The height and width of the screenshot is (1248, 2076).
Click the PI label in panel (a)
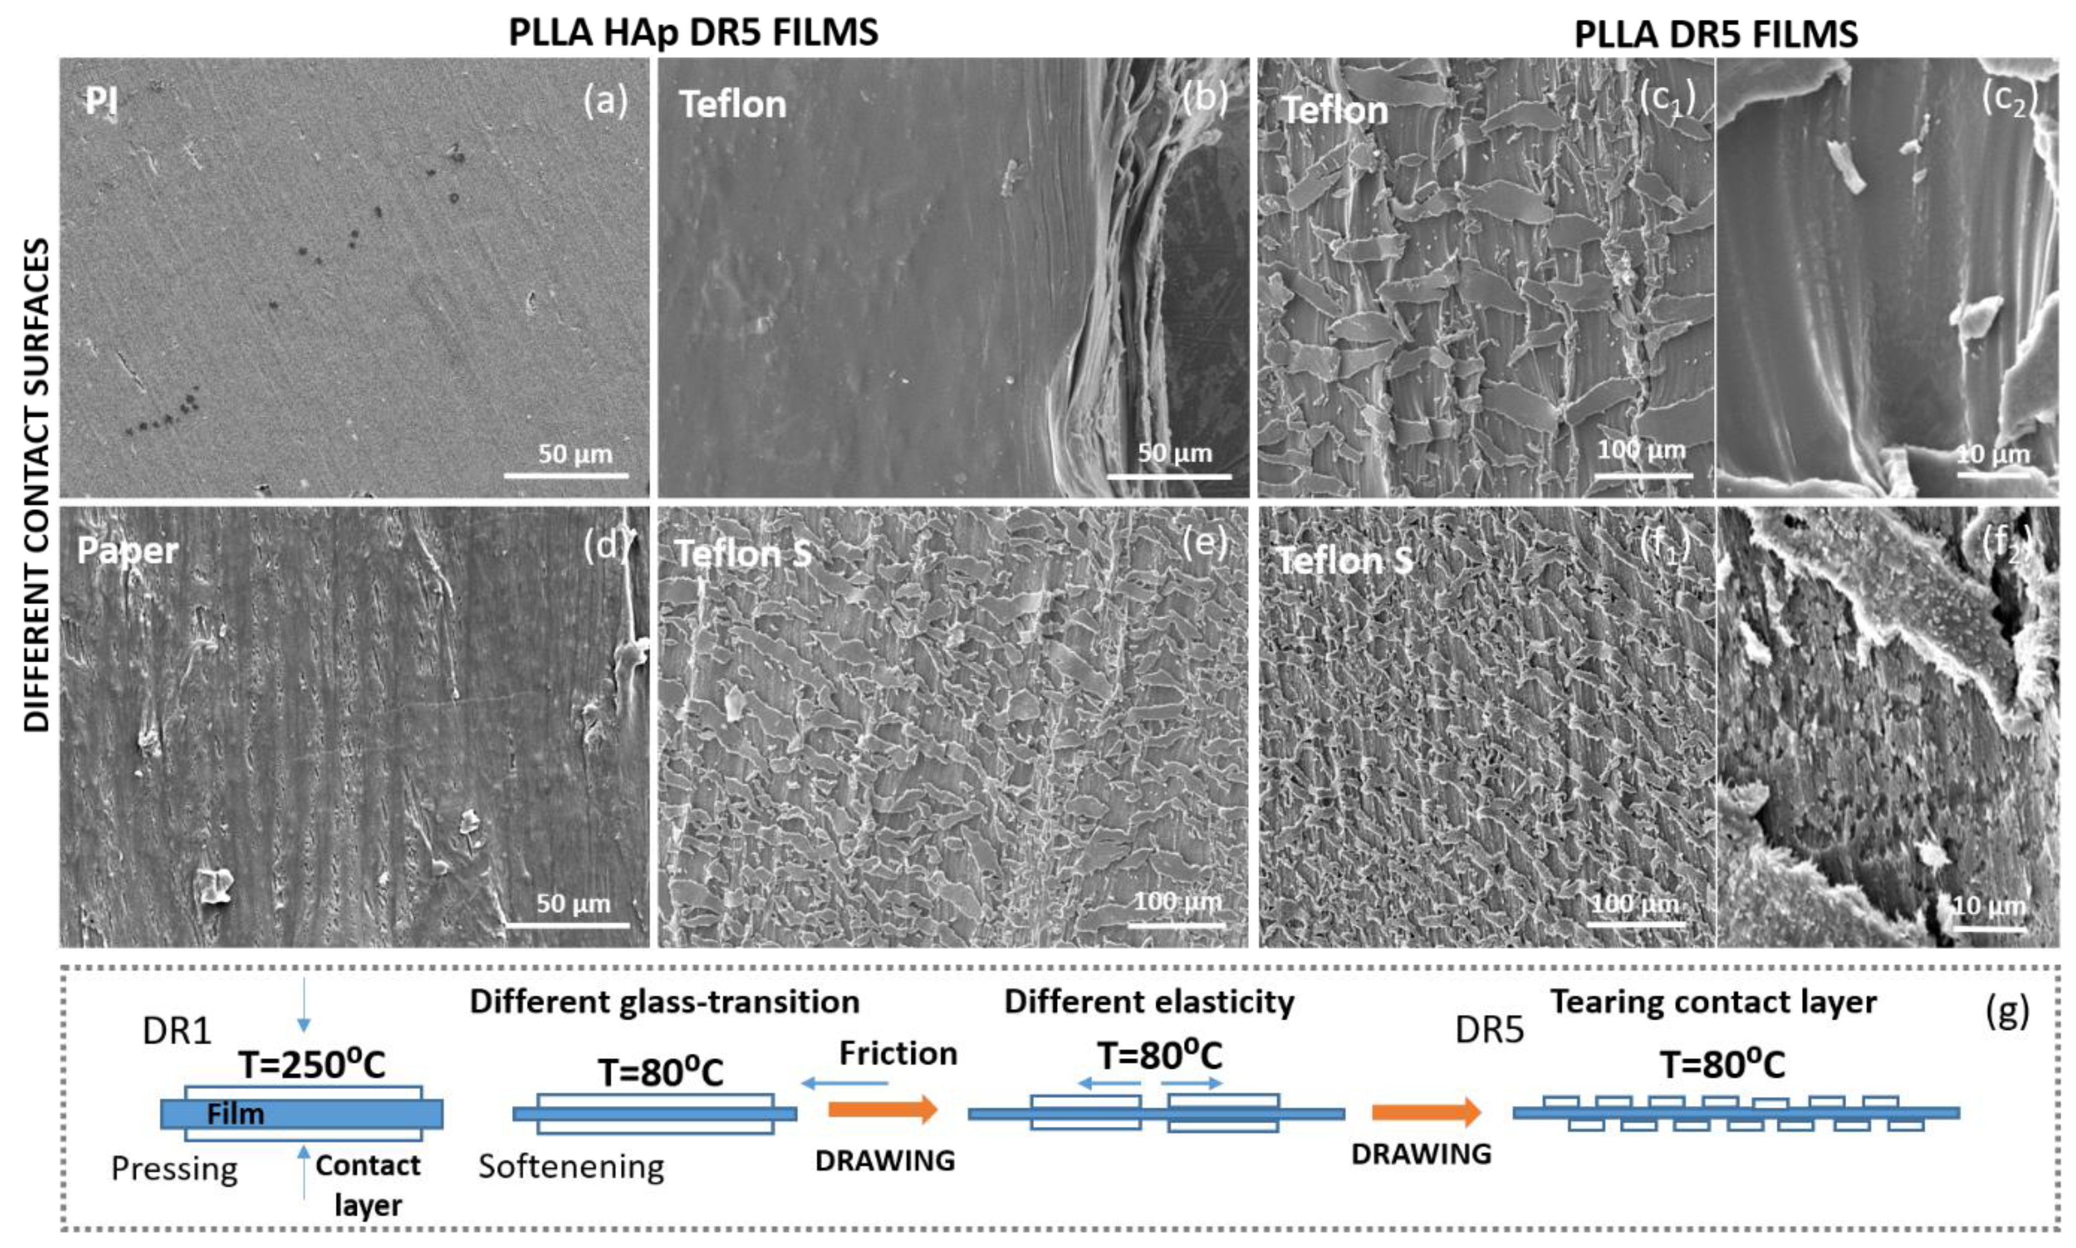coord(101,102)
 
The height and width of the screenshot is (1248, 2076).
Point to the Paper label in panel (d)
coord(127,551)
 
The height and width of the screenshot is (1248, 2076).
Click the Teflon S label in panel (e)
coord(743,554)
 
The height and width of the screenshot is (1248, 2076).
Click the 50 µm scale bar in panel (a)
coord(566,475)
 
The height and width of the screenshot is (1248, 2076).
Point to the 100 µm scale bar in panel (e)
coord(1176,924)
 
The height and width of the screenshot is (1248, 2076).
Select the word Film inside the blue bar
coord(236,1115)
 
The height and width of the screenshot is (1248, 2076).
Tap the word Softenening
coord(571,1167)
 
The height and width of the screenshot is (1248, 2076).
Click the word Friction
coord(898,1053)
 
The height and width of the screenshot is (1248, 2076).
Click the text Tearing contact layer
coord(1713,1001)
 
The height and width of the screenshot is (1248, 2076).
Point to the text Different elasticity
coord(1148,1001)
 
